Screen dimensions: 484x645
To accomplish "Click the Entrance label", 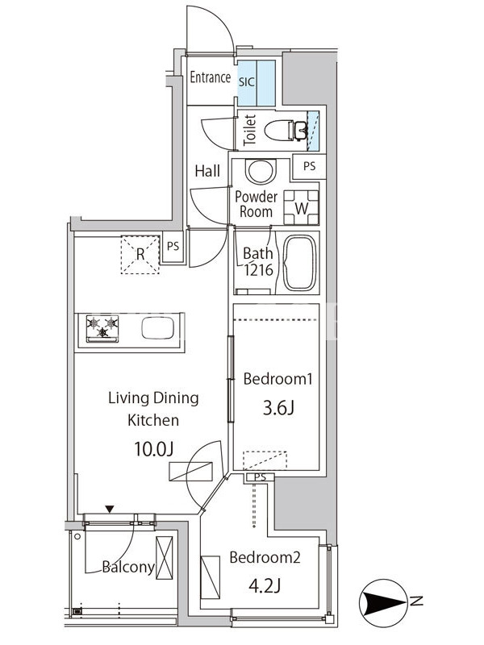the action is pyautogui.click(x=210, y=77).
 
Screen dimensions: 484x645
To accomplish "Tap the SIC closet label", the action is pyautogui.click(x=247, y=82).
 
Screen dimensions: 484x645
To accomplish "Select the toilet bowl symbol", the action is pyautogui.click(x=285, y=131).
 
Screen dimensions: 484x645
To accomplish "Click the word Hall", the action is pyautogui.click(x=207, y=171).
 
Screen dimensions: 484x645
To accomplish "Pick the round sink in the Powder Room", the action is pyautogui.click(x=261, y=172).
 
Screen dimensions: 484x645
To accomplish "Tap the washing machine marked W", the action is pyautogui.click(x=301, y=208).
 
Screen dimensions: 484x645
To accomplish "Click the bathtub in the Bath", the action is pyautogui.click(x=300, y=263).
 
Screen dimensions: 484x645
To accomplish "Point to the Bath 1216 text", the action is pyautogui.click(x=258, y=261).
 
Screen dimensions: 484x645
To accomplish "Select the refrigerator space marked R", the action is pyautogui.click(x=140, y=255).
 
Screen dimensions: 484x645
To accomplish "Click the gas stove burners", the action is pyautogui.click(x=102, y=328).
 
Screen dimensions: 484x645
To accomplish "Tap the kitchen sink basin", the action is pyautogui.click(x=157, y=328).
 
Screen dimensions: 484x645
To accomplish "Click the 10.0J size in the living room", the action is pyautogui.click(x=153, y=449).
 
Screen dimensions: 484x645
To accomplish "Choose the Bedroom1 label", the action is pyautogui.click(x=277, y=378).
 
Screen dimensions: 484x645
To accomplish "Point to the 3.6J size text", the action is pyautogui.click(x=278, y=408).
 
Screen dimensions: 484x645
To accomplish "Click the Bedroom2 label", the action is pyautogui.click(x=265, y=557).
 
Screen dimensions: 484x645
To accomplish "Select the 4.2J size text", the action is pyautogui.click(x=265, y=586).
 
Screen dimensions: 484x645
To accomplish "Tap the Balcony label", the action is pyautogui.click(x=128, y=567).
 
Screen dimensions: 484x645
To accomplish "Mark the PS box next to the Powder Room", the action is pyautogui.click(x=309, y=166).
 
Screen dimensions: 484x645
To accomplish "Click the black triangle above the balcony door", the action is pyautogui.click(x=109, y=510).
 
